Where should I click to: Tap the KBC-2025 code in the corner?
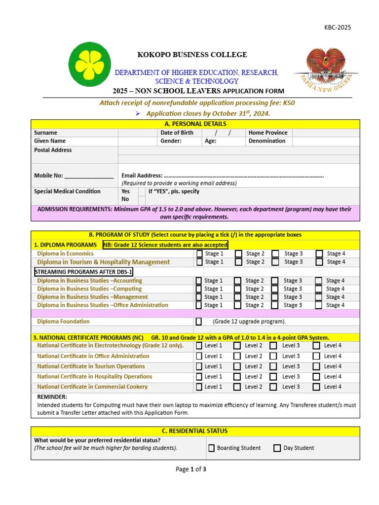pyautogui.click(x=338, y=28)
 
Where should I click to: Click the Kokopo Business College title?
pyautogui.click(x=188, y=55)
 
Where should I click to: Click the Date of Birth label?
pyautogui.click(x=177, y=133)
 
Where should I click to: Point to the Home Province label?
pyautogui.click(x=268, y=133)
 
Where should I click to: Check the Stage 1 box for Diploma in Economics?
pyautogui.click(x=198, y=254)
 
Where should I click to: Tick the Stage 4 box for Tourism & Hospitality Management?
pyautogui.click(x=319, y=262)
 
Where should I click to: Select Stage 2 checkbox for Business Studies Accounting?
pyautogui.click(x=238, y=281)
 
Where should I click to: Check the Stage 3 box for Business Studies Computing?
pyautogui.click(x=275, y=289)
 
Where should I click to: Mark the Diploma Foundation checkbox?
pyautogui.click(x=198, y=322)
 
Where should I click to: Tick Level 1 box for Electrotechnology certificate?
pyautogui.click(x=198, y=346)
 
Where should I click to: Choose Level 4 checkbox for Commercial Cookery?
pyautogui.click(x=316, y=387)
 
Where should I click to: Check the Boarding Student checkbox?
pyautogui.click(x=211, y=448)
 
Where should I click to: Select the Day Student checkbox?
pyautogui.click(x=277, y=448)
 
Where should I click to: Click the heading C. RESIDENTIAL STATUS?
pyautogui.click(x=195, y=431)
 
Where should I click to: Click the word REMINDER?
pyautogui.click(x=52, y=397)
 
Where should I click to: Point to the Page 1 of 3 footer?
pyautogui.click(x=191, y=469)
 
